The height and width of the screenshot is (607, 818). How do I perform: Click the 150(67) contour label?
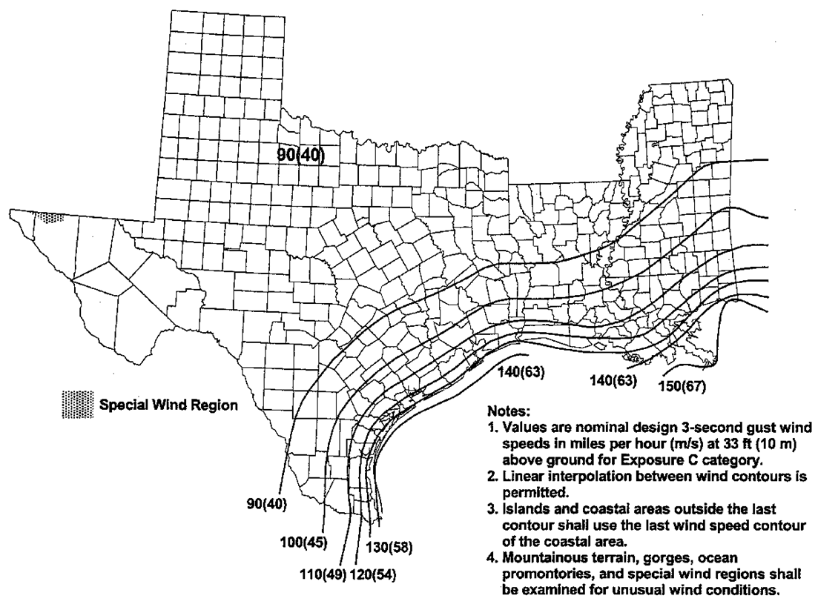coord(683,385)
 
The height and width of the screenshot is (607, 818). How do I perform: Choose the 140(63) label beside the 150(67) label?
coord(614,380)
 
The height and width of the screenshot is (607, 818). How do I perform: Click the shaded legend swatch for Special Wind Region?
coord(76,405)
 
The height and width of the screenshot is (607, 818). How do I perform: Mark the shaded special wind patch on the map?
coord(51,217)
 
